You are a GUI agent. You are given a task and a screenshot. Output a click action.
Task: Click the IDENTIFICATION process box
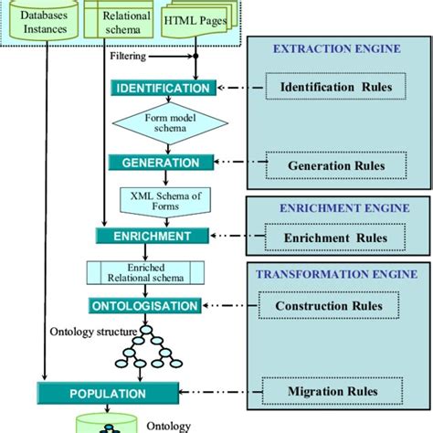(x=163, y=89)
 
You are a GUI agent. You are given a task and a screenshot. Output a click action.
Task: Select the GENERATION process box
(x=154, y=163)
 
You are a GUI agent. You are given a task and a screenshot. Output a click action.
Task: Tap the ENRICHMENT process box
(x=145, y=236)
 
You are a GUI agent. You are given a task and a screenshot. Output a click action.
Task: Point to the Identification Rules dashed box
(x=330, y=87)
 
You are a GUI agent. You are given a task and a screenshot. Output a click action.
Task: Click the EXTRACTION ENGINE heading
(x=336, y=51)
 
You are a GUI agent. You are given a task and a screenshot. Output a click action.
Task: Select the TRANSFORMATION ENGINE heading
(x=335, y=273)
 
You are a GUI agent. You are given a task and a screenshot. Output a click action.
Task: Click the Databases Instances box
(x=39, y=21)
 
